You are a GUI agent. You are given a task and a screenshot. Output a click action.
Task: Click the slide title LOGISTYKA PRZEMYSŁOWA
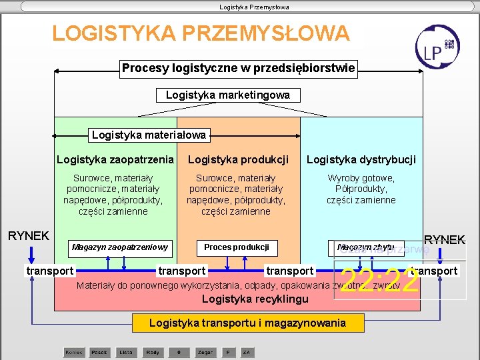(x=201, y=33)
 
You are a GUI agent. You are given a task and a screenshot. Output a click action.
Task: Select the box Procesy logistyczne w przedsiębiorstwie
(x=238, y=68)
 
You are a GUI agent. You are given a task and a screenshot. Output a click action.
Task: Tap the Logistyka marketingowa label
(x=227, y=95)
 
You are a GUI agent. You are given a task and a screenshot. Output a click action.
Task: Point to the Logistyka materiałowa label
(x=149, y=135)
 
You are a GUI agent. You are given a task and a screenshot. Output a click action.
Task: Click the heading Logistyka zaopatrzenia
(x=115, y=159)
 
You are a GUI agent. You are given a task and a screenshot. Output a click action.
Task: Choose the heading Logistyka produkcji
(x=238, y=159)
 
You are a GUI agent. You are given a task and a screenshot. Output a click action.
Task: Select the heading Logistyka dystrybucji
(x=361, y=159)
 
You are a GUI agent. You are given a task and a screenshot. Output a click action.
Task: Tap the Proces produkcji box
(x=236, y=247)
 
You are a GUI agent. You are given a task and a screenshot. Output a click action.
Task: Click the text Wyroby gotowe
(x=361, y=178)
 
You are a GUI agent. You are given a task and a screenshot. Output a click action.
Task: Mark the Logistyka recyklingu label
(x=255, y=299)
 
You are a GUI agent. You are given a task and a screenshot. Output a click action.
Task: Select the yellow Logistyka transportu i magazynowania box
(x=247, y=323)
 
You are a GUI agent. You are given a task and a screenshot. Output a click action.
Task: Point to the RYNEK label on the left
(x=28, y=235)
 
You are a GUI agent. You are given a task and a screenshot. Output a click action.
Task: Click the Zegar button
(x=205, y=351)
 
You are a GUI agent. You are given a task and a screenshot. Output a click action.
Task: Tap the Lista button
(x=125, y=351)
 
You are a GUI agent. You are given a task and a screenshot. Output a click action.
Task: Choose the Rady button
(x=152, y=351)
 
